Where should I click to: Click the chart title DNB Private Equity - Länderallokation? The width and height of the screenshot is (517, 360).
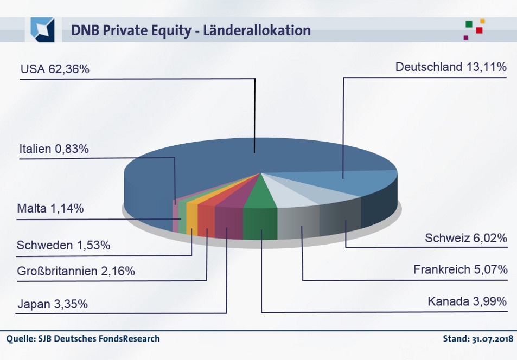pos(190,30)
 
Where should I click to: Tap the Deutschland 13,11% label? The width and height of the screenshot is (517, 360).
pos(451,67)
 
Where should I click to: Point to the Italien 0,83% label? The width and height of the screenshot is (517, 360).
pos(54,149)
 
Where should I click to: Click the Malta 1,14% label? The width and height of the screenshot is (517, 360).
pos(50,208)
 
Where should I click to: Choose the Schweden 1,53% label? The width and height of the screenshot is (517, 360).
pos(63,245)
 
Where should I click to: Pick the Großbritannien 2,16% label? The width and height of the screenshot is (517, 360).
pos(76,271)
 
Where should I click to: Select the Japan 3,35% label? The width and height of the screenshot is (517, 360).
pos(52,304)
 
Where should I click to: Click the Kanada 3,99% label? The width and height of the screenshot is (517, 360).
pos(467,301)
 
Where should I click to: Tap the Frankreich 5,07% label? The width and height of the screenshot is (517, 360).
pos(460,269)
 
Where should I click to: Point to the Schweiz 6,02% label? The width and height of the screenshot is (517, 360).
pos(466,238)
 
